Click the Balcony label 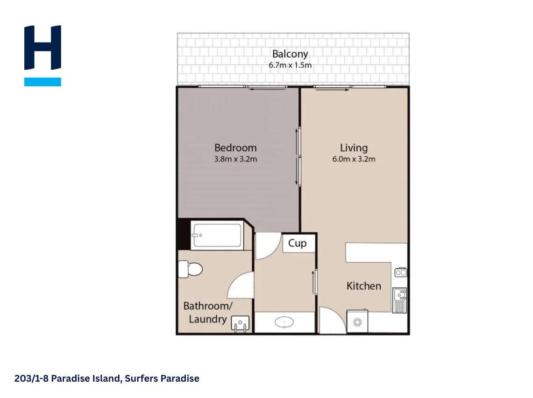click(x=290, y=54)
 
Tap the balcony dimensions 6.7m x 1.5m click(x=290, y=65)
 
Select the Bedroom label click(x=235, y=148)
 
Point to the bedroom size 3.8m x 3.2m click(x=235, y=159)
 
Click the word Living click(x=354, y=148)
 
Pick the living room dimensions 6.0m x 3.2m click(x=354, y=159)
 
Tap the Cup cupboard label click(x=298, y=244)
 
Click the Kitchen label click(x=364, y=286)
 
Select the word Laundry click(x=208, y=319)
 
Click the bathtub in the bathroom click(x=217, y=235)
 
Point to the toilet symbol click(x=190, y=269)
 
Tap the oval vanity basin click(x=284, y=322)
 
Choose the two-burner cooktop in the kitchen click(x=401, y=272)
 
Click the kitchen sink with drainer click(x=399, y=300)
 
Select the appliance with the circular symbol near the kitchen click(x=357, y=321)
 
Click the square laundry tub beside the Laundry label click(x=240, y=323)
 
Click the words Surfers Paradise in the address click(x=162, y=378)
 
